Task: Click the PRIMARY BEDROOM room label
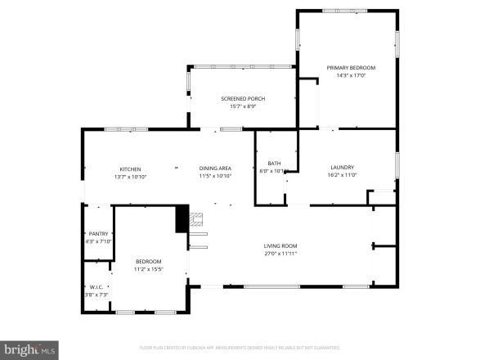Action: tap(351, 67)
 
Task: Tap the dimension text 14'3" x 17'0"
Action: tap(351, 75)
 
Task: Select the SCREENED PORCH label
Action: tap(243, 98)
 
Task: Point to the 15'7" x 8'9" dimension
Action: tap(243, 106)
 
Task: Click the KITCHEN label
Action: tap(130, 168)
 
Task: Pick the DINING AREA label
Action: tap(215, 168)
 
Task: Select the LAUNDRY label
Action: tap(342, 167)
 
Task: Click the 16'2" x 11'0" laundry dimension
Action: tap(342, 175)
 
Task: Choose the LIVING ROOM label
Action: tap(280, 245)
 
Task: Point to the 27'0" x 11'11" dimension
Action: tap(280, 254)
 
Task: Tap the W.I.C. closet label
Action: tap(96, 286)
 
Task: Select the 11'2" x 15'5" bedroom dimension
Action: tap(148, 269)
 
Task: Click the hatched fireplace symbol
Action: tap(195, 218)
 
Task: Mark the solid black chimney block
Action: tap(182, 218)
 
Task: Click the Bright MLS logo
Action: tap(29, 350)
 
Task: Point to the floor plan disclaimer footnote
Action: tap(240, 349)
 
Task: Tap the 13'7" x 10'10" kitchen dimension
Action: tap(130, 176)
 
